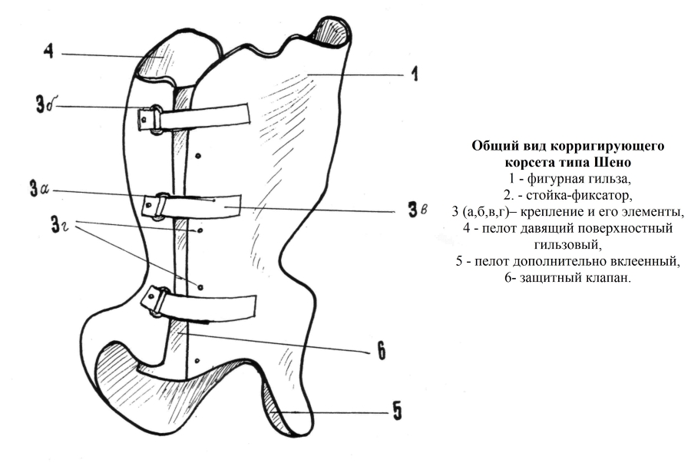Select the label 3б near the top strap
45,106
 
